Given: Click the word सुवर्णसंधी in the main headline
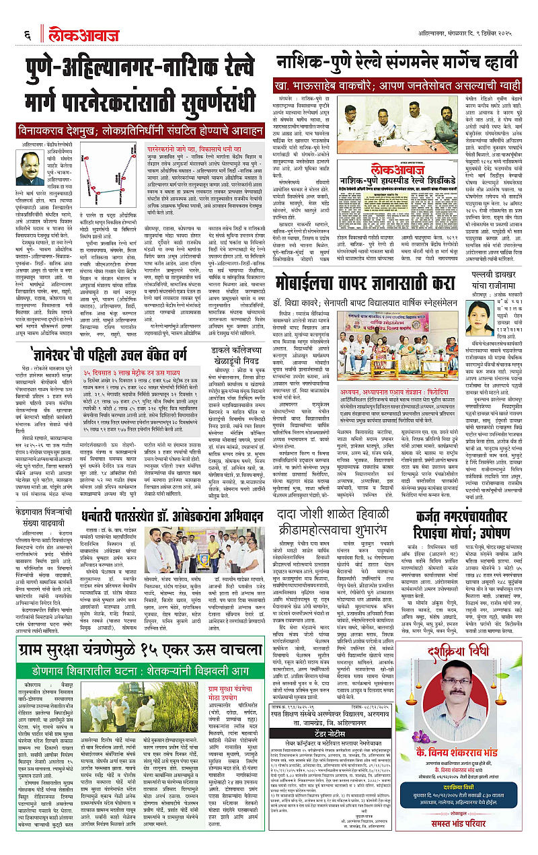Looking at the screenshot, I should [206, 103].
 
